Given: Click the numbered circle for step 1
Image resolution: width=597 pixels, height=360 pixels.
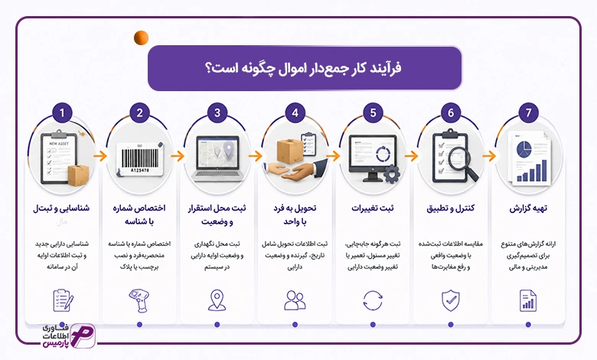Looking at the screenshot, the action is (62, 113).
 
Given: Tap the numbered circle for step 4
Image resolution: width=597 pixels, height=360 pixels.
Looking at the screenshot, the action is (295, 113).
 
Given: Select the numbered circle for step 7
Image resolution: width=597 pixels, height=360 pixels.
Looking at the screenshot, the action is (528, 113).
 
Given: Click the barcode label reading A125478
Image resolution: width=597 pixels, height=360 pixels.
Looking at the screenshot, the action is (140, 159).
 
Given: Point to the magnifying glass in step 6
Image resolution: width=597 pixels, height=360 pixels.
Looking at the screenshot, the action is (462, 163).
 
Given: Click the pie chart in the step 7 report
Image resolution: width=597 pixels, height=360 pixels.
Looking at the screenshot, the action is (524, 149).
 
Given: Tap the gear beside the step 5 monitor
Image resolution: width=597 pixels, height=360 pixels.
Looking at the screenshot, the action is (391, 174).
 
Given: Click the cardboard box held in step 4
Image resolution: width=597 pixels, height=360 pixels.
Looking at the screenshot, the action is (290, 151).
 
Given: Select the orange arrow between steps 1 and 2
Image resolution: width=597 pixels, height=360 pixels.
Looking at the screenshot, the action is (100, 155).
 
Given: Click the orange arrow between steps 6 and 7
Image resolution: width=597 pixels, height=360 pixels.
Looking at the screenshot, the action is (489, 155).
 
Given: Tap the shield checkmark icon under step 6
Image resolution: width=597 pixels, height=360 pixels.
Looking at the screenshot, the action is (450, 300).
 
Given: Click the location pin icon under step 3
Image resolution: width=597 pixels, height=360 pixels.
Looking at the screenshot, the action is (217, 300).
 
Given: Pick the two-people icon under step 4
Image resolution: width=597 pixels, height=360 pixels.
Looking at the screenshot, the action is (295, 300).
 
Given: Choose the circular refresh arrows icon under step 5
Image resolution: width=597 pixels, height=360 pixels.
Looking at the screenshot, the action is (373, 300).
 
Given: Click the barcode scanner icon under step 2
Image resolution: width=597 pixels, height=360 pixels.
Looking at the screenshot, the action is (139, 300).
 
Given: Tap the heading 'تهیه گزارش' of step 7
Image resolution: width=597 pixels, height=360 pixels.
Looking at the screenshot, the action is (528, 208).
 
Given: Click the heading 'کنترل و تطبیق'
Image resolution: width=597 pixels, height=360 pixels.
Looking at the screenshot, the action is (450, 208).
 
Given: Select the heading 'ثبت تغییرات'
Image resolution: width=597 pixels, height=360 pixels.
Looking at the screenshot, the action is (373, 208).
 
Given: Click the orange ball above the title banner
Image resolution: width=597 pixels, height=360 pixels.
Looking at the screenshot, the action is (141, 38).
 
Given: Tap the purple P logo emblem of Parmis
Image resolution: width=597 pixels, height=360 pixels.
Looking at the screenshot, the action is (82, 335).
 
